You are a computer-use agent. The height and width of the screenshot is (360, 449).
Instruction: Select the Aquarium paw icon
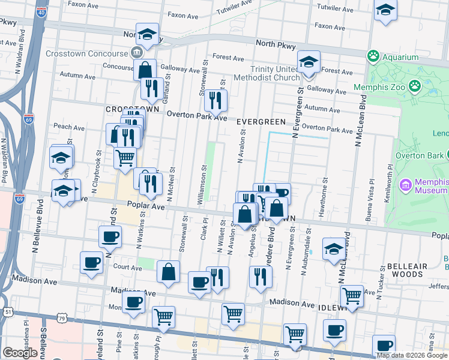(373, 57)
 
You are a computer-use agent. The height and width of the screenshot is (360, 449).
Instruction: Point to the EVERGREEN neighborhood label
(258, 122)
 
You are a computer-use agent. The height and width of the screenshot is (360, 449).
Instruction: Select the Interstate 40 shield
(40, 12)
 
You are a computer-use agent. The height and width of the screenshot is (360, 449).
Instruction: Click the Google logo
(20, 353)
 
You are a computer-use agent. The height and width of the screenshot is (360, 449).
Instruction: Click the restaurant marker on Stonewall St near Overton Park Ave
(215, 100)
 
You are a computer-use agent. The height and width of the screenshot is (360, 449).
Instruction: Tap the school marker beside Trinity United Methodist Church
(309, 62)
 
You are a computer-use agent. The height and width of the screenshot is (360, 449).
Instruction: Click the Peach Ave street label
(70, 127)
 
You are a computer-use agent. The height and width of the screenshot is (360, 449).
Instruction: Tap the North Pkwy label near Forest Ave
(273, 43)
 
